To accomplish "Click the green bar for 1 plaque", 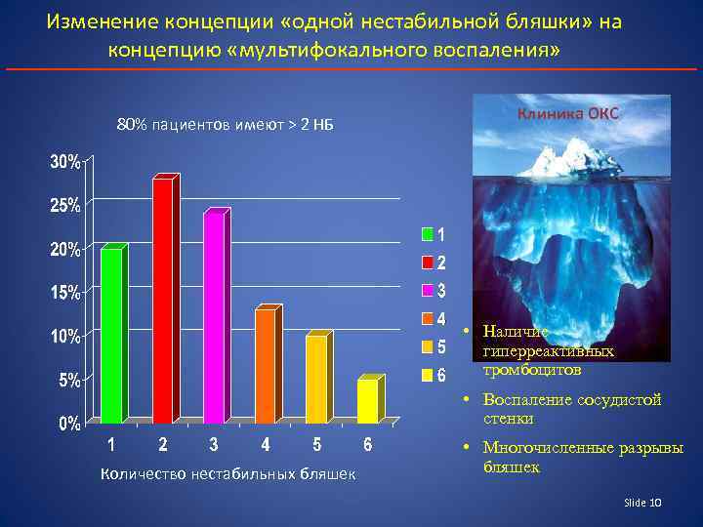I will [111, 335].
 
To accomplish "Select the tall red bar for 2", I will [162, 300].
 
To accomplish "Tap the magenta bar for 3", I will [213, 317].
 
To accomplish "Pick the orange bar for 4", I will [265, 365].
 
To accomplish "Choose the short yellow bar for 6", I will [366, 400].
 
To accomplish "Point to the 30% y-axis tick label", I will [65, 162].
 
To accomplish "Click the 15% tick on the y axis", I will [65, 292].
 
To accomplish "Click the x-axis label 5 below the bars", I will [316, 446].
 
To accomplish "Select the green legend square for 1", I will [427, 234].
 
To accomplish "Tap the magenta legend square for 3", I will [427, 291].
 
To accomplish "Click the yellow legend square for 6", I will [427, 375].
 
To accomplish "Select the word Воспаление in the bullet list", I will [522, 400].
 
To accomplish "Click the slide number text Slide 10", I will [642, 502].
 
